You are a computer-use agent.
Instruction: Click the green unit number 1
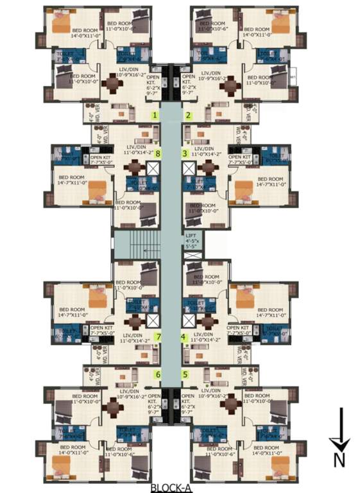(154, 116)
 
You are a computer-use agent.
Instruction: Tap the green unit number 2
(188, 116)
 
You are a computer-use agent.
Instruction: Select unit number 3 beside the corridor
(185, 153)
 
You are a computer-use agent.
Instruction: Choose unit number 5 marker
(185, 374)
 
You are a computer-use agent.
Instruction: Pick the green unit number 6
(157, 374)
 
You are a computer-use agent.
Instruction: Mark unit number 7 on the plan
(159, 336)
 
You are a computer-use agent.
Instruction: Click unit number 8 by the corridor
(158, 153)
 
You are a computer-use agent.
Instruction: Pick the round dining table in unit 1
(116, 83)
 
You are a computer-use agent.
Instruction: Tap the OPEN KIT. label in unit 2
(187, 82)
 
